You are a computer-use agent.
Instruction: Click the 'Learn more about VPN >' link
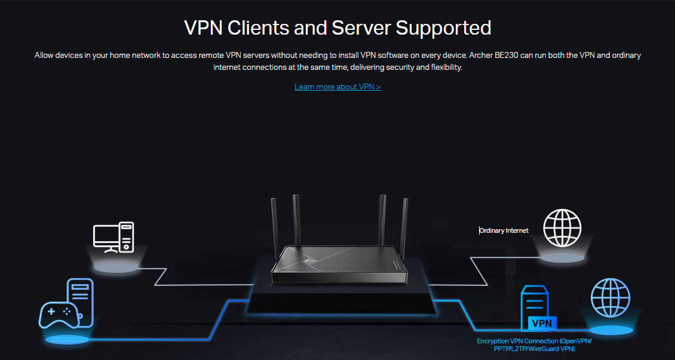[337, 87]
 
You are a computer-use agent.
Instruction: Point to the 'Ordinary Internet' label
[504, 230]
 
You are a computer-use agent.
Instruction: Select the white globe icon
[562, 228]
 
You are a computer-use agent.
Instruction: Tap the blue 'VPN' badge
[542, 323]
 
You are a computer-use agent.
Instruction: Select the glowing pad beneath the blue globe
[610, 330]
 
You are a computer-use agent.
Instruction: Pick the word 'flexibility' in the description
[442, 68]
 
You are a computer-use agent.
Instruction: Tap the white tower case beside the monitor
[126, 236]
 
